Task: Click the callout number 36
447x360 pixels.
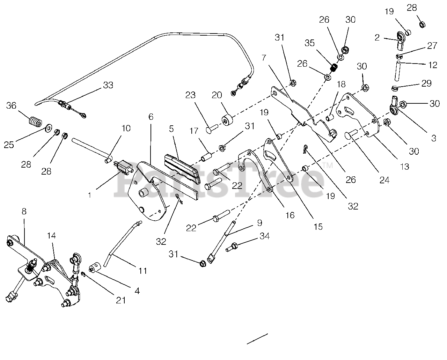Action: [11, 105]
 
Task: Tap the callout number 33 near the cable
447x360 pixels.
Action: [108, 85]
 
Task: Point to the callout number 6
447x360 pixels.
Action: [151, 117]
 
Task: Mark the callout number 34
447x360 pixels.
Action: [265, 236]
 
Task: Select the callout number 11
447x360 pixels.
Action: [142, 271]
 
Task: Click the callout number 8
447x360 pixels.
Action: [24, 212]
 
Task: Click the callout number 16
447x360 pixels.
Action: [290, 215]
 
